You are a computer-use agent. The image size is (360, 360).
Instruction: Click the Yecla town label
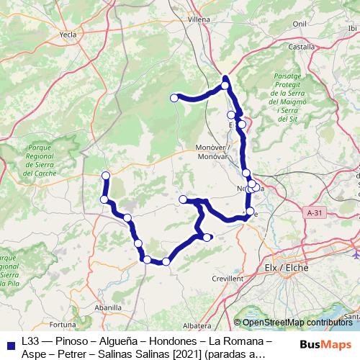(x=68, y=33)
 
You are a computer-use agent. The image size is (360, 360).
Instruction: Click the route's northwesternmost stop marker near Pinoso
(x=106, y=176)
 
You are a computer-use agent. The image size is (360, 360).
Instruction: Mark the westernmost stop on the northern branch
(x=174, y=98)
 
